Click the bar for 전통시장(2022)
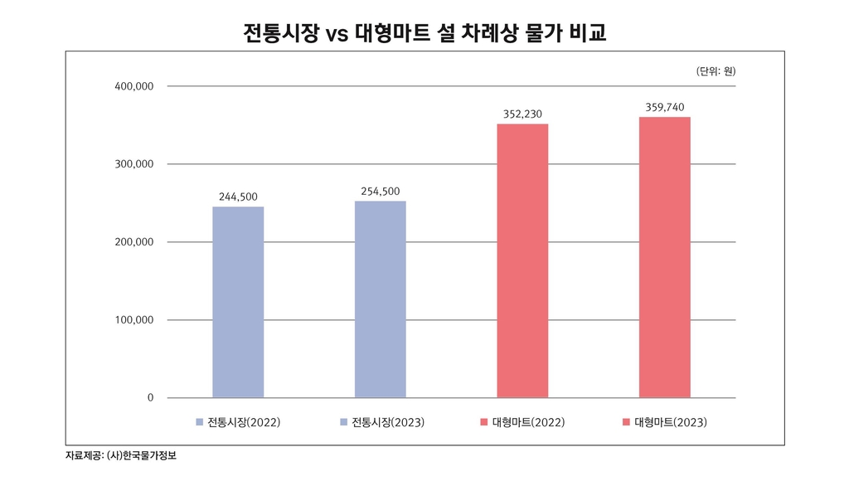pyautogui.click(x=238, y=302)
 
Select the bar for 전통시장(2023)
pyautogui.click(x=381, y=299)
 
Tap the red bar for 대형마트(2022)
pyautogui.click(x=522, y=260)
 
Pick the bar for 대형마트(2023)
pyautogui.click(x=665, y=257)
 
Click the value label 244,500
pyautogui.click(x=238, y=197)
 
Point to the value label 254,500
pyautogui.click(x=381, y=191)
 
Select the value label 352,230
pyautogui.click(x=522, y=114)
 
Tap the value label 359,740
pyautogui.click(x=665, y=107)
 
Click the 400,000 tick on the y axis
pyautogui.click(x=134, y=86)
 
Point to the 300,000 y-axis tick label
pyautogui.click(x=134, y=164)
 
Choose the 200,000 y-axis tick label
pyautogui.click(x=134, y=242)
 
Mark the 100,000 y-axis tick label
pyautogui.click(x=134, y=320)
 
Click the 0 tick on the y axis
pyautogui.click(x=150, y=398)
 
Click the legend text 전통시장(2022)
pyautogui.click(x=244, y=423)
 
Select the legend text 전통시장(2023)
pyautogui.click(x=388, y=423)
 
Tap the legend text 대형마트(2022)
pyautogui.click(x=528, y=423)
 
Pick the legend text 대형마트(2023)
pyautogui.click(x=671, y=423)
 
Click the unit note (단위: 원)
pyautogui.click(x=716, y=71)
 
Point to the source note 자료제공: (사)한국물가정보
pyautogui.click(x=120, y=455)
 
